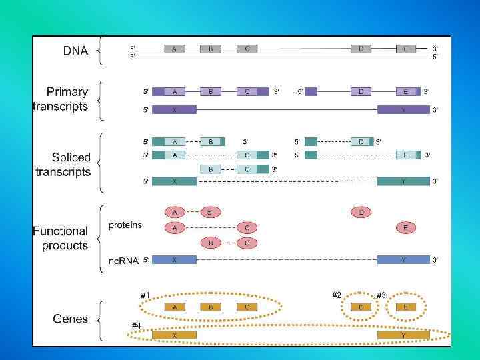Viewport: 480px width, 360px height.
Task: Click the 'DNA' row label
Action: (75, 51)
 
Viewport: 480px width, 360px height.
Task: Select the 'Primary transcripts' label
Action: (61, 99)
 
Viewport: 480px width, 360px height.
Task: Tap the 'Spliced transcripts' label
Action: (63, 165)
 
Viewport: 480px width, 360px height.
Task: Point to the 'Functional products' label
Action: (61, 238)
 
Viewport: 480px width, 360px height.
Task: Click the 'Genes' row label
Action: (71, 319)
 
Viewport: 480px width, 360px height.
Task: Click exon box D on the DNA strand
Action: (361, 49)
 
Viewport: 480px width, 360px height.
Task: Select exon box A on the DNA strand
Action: (175, 49)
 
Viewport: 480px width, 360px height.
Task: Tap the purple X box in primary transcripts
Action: (175, 110)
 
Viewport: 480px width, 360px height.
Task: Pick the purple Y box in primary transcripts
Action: (403, 110)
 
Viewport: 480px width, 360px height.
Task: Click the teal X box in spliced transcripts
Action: (175, 181)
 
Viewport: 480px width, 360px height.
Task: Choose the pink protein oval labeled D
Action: (361, 212)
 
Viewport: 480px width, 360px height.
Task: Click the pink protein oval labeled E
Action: (405, 227)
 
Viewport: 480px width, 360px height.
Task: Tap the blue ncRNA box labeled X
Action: (175, 259)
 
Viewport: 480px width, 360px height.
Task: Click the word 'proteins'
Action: (125, 225)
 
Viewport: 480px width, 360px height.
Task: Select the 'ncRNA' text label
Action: (123, 261)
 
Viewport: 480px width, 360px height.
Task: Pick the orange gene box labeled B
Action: (211, 307)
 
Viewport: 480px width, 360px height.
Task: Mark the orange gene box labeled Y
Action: (403, 335)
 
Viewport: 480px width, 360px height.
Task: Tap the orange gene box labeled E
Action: (405, 307)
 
